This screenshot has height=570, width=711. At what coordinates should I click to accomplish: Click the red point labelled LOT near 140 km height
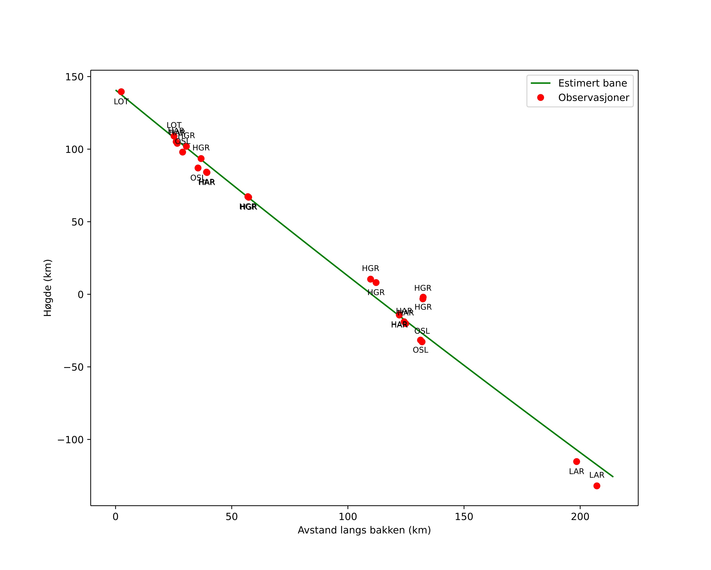click(121, 92)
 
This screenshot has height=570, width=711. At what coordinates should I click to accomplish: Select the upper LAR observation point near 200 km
click(577, 461)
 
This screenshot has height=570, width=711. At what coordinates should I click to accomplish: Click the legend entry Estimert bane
click(592, 83)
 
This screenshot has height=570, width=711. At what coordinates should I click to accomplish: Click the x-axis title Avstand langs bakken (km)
click(364, 530)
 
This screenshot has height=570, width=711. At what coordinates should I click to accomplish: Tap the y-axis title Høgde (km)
click(48, 288)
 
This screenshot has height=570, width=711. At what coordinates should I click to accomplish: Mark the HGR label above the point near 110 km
click(370, 269)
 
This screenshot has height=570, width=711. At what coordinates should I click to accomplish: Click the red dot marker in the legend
click(540, 98)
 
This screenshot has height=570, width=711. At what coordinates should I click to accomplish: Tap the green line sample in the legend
click(540, 83)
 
